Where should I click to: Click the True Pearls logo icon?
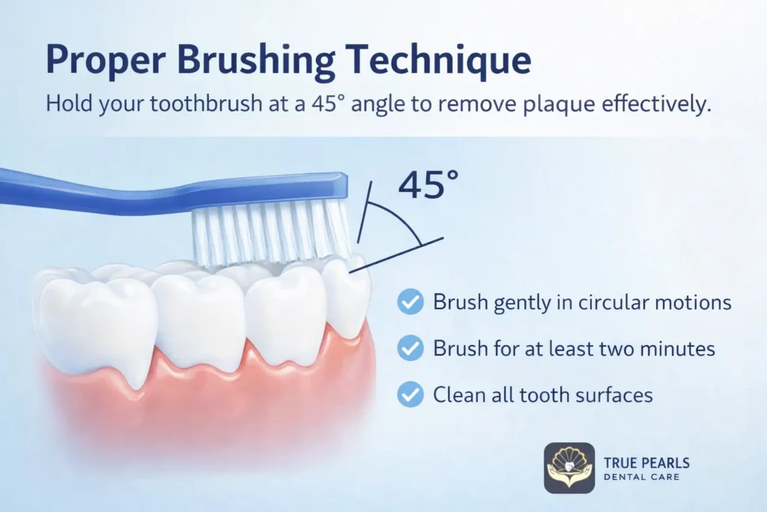pos(569,468)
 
